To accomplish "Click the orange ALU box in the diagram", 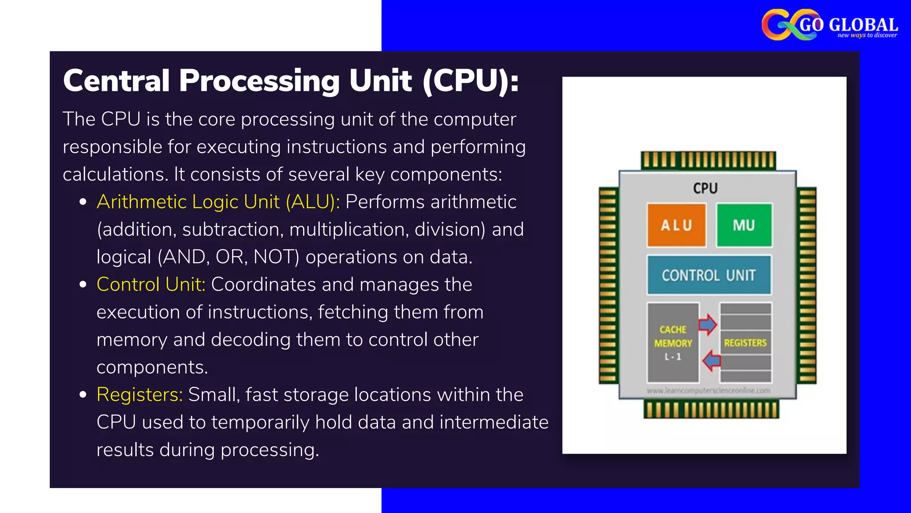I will [x=676, y=225].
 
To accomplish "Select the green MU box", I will [x=744, y=225].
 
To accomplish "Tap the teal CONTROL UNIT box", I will [x=709, y=275].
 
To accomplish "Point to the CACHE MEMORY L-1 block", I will [x=673, y=342].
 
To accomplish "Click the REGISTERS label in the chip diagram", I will [x=745, y=343].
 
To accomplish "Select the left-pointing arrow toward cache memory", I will [x=712, y=360].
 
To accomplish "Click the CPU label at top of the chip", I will [x=705, y=188].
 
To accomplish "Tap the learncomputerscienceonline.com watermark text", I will [x=708, y=391].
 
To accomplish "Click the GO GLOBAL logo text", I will [x=848, y=24].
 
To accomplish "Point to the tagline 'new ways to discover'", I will [x=867, y=35].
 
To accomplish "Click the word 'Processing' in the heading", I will [x=259, y=81].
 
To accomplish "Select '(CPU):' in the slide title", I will [x=471, y=81].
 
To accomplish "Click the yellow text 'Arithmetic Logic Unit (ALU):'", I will [x=218, y=202].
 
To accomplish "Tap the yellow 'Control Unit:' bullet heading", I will [x=151, y=284].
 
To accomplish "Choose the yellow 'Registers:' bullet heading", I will [x=139, y=395].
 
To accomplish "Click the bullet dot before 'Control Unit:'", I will [x=83, y=285].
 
